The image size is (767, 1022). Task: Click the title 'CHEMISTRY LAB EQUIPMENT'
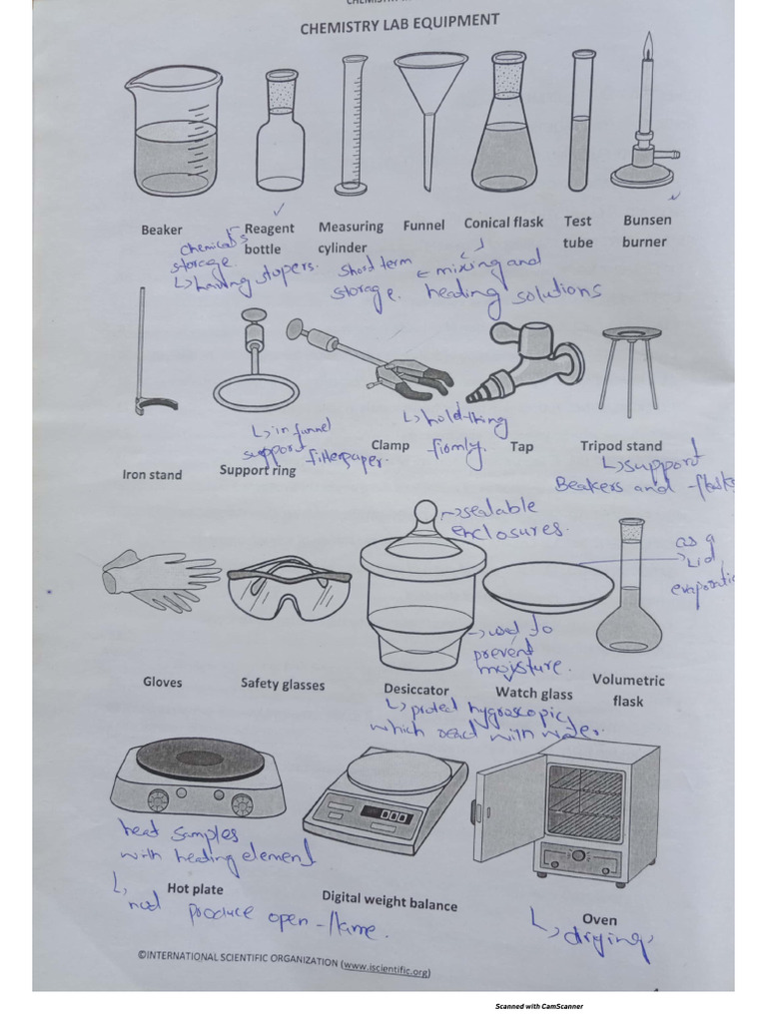click(x=399, y=25)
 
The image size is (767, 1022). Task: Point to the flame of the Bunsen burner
click(x=647, y=45)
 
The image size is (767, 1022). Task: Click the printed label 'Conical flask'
click(x=503, y=224)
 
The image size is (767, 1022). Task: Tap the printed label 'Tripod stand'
click(x=620, y=446)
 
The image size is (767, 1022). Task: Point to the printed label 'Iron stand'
click(x=152, y=475)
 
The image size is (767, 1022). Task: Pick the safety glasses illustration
click(x=289, y=594)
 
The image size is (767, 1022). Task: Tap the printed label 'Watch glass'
click(x=534, y=693)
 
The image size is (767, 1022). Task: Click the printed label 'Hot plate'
click(x=195, y=888)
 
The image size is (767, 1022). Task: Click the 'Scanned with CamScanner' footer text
click(x=539, y=1006)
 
